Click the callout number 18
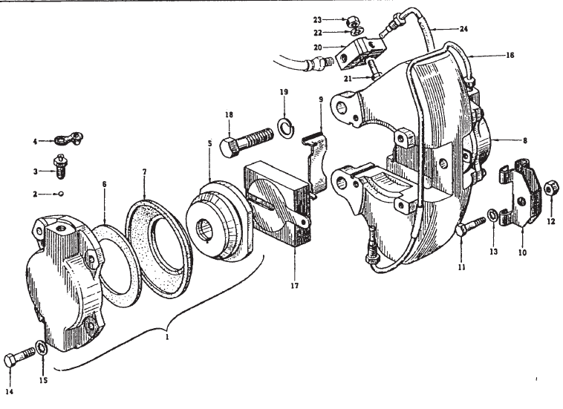coord(229,115)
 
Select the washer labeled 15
coord(42,349)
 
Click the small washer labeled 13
coord(492,216)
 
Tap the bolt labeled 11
coord(470,226)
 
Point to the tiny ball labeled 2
coord(62,194)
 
